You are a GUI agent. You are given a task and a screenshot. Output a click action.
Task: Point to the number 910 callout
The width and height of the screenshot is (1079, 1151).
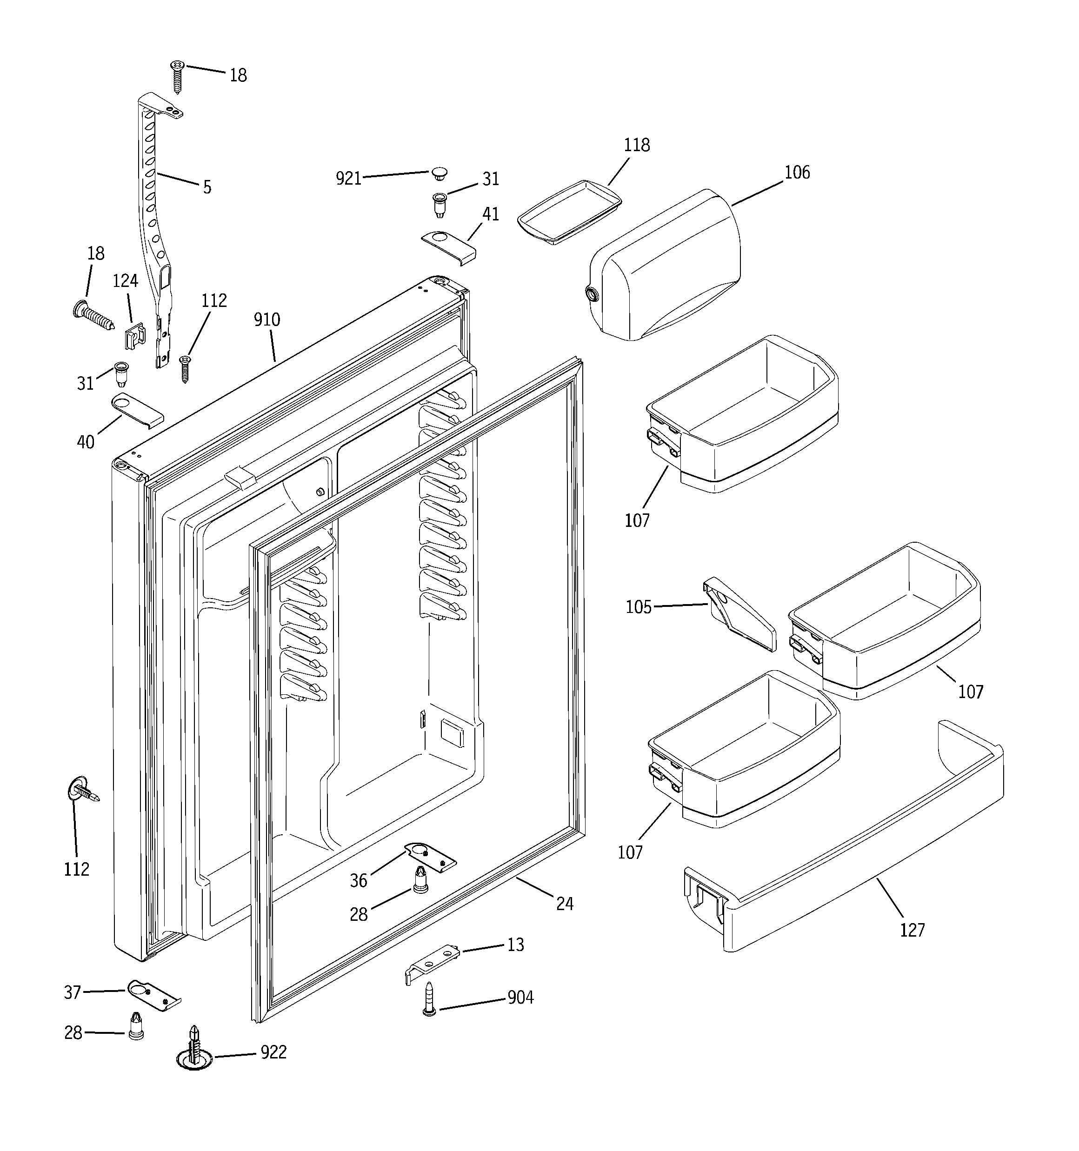click(x=266, y=319)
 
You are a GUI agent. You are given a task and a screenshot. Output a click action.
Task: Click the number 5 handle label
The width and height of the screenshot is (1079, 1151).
click(x=207, y=187)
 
